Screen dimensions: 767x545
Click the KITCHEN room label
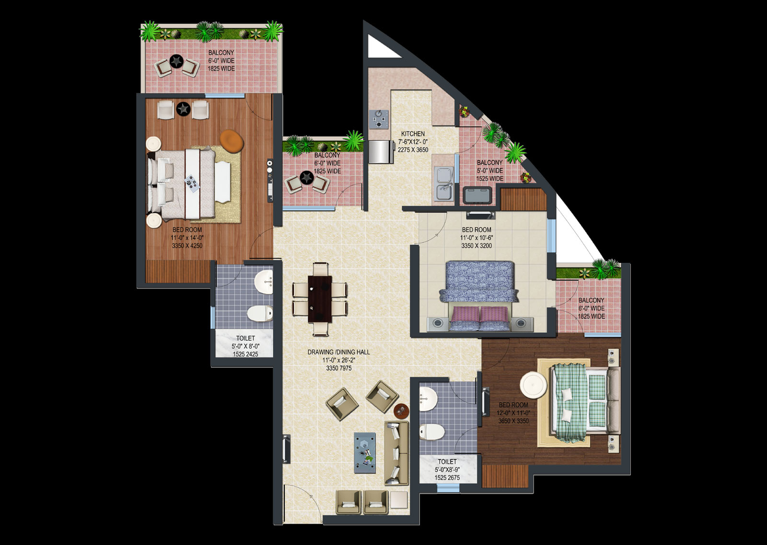coord(413,134)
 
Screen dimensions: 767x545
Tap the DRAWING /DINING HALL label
coord(338,352)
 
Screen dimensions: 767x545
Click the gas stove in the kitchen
coord(379,119)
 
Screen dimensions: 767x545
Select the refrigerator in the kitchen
coord(381,151)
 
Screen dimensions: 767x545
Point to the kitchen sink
coord(444,183)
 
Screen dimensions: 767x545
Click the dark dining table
coord(319,299)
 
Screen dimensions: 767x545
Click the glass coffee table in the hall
coord(365,453)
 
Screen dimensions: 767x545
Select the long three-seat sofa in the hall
coord(396,453)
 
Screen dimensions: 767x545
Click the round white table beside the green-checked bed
coord(533,385)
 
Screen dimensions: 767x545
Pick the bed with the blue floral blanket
coord(479,296)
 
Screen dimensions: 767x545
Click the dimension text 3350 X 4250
coord(187,246)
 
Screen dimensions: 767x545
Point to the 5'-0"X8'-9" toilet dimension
coord(447,470)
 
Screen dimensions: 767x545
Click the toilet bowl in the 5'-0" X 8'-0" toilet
coord(259,313)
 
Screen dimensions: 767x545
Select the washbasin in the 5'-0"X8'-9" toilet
coord(428,399)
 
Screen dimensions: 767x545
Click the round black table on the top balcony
coord(176,61)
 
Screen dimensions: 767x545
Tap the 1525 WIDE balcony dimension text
coord(489,179)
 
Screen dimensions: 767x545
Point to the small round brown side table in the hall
coord(401,410)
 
